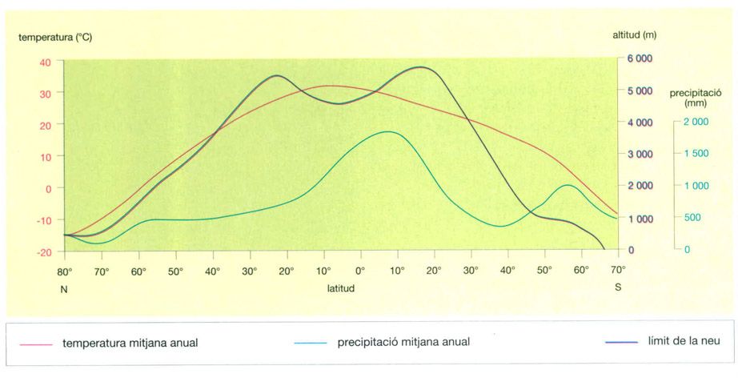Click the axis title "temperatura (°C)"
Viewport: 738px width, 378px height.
(55, 37)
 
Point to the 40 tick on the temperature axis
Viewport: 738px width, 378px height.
(44, 62)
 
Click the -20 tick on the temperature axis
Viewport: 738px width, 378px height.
(42, 251)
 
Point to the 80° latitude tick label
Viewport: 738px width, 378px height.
(64, 271)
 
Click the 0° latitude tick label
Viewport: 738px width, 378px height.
(359, 271)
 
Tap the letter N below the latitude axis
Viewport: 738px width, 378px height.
(64, 287)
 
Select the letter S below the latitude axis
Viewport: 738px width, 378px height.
(617, 287)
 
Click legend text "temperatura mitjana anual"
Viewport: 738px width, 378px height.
(130, 343)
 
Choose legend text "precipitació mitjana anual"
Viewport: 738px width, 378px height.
(403, 342)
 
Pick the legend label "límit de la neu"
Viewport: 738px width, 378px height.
(685, 341)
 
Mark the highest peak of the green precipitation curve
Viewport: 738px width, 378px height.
(388, 131)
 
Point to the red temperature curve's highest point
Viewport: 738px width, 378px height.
(330, 86)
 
